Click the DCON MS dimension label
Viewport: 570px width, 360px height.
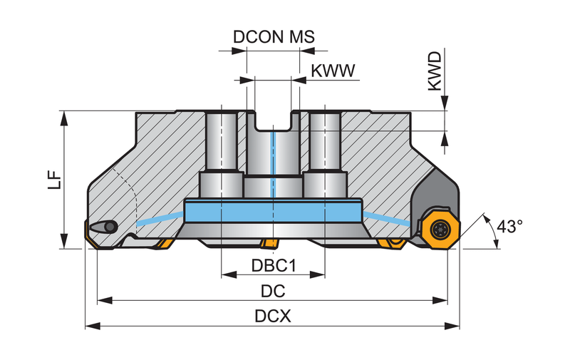(274, 37)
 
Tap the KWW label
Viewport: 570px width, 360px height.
(333, 71)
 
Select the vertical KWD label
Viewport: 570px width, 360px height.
(435, 71)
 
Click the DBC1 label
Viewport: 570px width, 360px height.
(274, 265)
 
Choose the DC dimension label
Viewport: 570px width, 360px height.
(273, 291)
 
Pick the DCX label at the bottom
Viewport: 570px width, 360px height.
(273, 316)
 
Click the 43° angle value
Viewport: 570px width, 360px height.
(509, 226)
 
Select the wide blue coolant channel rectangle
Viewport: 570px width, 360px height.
(273, 211)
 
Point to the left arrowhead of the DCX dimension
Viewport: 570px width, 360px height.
(93, 326)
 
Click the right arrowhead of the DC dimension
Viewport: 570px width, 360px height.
(440, 300)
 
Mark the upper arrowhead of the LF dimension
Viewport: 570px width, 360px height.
(64, 118)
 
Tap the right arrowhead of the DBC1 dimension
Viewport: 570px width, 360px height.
(317, 274)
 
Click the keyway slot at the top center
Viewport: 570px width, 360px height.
(273, 120)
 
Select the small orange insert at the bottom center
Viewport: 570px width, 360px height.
(269, 244)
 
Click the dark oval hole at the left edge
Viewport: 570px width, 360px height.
(104, 227)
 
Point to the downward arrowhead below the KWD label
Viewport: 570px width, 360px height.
(445, 103)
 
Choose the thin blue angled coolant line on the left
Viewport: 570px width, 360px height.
(160, 219)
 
